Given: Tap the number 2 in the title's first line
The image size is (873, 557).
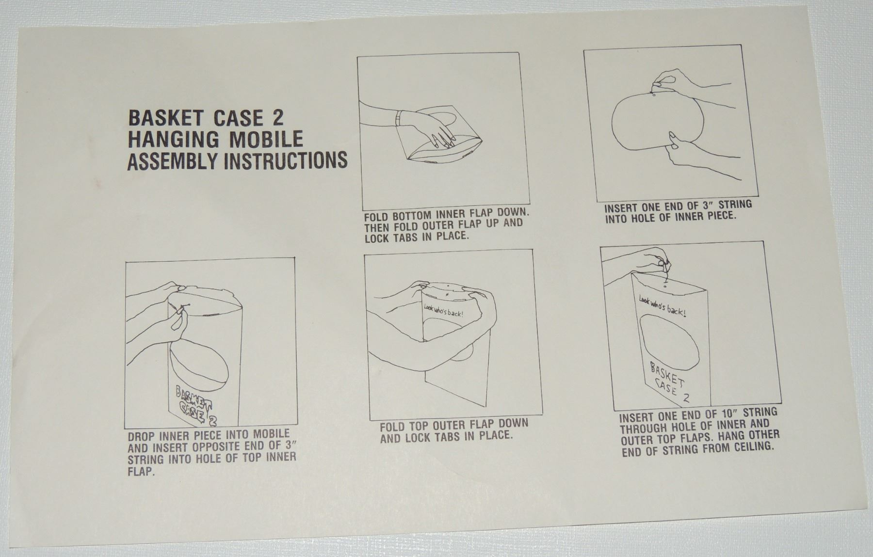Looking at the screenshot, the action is [274, 118].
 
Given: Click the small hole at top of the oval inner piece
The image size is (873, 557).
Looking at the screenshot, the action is [653, 94].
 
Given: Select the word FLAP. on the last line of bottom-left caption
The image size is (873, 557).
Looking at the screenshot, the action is [141, 471].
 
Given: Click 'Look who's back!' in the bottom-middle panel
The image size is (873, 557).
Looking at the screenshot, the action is [443, 311].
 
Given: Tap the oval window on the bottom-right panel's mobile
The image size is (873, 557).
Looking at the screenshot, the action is [670, 343].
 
